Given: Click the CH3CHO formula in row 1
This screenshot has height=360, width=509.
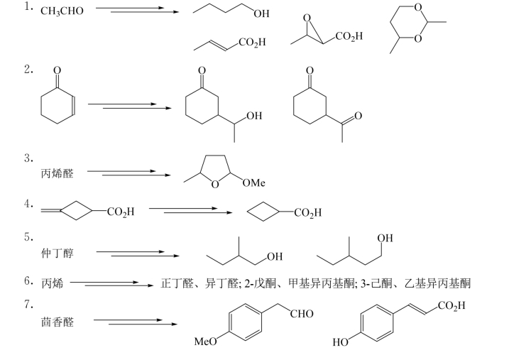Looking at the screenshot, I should [x=62, y=11].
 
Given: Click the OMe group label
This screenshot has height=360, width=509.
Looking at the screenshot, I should [x=253, y=183].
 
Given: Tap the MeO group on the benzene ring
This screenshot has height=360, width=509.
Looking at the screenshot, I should [x=206, y=342].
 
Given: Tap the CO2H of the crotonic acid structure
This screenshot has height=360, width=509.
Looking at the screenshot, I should [x=253, y=43].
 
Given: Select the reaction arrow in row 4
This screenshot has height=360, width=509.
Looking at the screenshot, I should [x=190, y=211].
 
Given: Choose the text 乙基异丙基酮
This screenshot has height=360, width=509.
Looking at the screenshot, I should [x=446, y=283].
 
